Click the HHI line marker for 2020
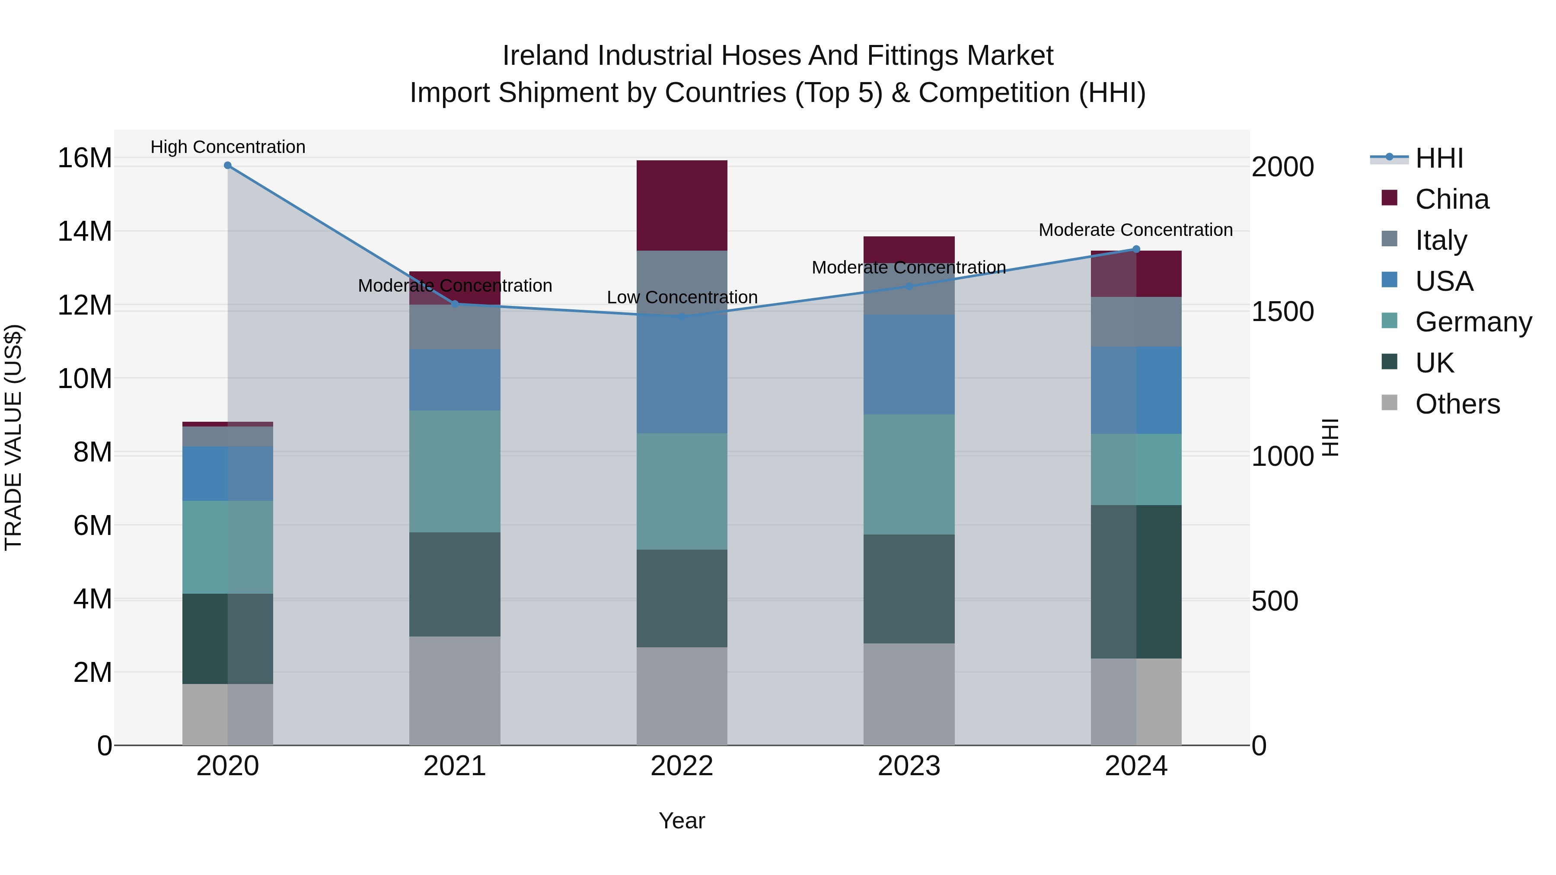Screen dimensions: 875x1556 click(228, 165)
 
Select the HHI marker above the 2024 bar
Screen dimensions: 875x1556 click(1135, 249)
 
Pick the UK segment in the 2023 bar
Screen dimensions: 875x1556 click(909, 589)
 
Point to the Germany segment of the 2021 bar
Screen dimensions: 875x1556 click(455, 471)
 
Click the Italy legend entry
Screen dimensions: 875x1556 click(1441, 240)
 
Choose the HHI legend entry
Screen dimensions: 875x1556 click(1439, 158)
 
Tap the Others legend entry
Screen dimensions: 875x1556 click(1457, 404)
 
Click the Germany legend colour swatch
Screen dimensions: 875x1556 click(1389, 321)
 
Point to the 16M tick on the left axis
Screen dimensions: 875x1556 click(85, 158)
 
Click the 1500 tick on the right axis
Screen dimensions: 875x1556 click(1282, 312)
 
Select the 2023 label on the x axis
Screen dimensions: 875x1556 click(909, 766)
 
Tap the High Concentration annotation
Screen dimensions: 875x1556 click(228, 147)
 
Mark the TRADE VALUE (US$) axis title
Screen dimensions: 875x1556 click(13, 437)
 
